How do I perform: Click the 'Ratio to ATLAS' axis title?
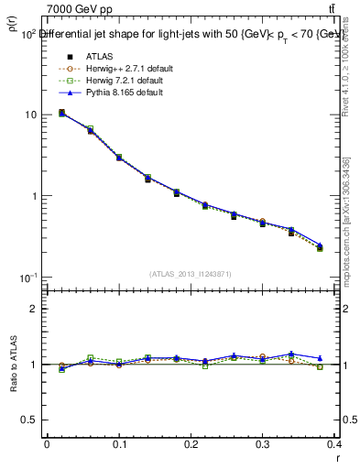12,365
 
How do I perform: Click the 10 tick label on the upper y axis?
29,115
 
